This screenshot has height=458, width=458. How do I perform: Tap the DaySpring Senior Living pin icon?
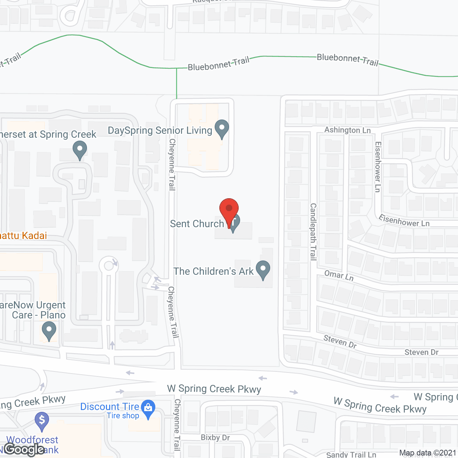pos(221,128)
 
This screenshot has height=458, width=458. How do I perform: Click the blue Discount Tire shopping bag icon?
pos(148,408)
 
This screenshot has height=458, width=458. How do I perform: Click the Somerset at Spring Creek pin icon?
pos(79,150)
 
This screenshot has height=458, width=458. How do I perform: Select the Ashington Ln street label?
pos(347,130)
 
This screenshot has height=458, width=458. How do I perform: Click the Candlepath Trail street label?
pos(313,232)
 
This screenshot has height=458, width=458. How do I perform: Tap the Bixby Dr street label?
pos(215,438)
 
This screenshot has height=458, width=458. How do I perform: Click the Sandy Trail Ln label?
pos(351,454)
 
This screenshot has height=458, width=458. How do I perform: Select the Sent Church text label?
pos(197,224)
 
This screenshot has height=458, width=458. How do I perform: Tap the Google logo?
pos(24,449)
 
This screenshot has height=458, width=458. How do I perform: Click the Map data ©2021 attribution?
pos(428,453)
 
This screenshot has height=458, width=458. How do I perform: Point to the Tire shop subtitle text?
pos(123,416)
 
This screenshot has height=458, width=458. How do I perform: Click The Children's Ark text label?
pos(213,272)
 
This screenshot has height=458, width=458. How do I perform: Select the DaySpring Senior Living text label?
pos(160,131)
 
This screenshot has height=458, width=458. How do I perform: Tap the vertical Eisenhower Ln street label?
pos(377,167)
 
